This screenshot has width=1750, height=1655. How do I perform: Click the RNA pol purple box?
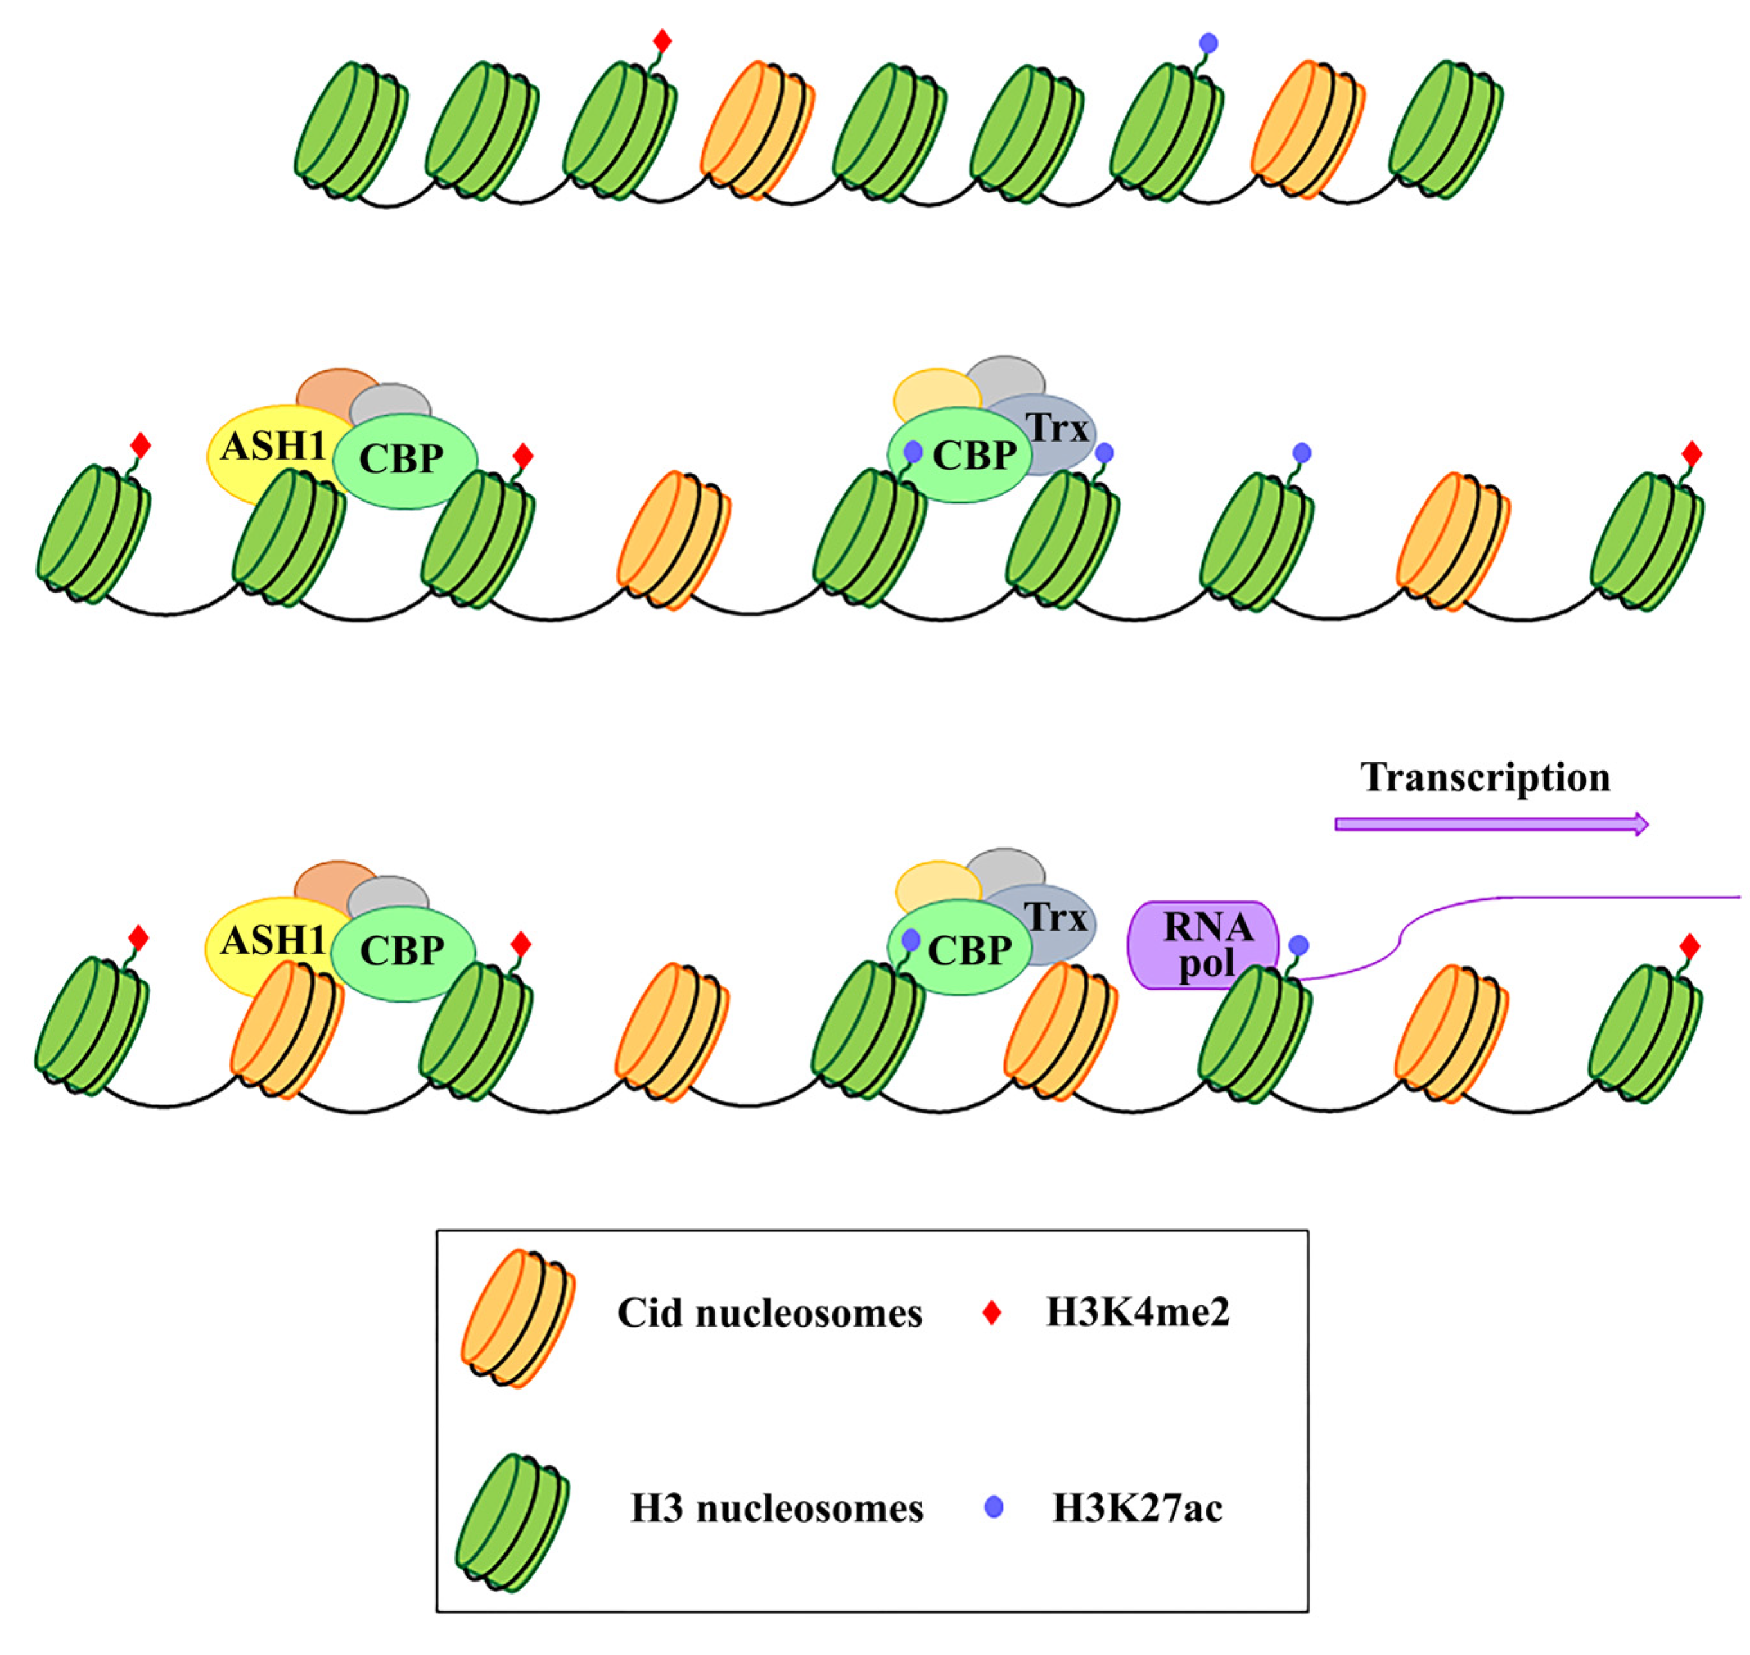coord(1203,945)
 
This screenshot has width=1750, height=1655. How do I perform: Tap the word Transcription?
coord(1485,777)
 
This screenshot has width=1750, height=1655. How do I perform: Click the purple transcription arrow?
coord(1490,824)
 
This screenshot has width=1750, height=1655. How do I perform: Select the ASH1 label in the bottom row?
coord(272,940)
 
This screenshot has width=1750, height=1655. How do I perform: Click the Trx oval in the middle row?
coord(1058,429)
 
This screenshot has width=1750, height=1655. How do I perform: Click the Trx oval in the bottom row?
coord(1058,919)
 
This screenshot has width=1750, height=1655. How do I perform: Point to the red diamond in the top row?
coord(663,40)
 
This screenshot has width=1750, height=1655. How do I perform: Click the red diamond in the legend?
coord(992,1312)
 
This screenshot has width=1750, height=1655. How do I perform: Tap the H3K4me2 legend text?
coord(1138,1312)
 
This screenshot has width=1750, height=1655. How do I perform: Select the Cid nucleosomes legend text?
coord(769,1312)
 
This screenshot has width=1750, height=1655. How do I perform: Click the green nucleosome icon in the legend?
coord(512,1522)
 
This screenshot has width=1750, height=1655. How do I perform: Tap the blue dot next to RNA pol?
coord(1298,945)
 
